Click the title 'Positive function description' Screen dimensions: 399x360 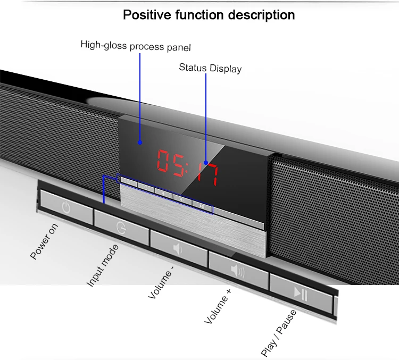(x=209, y=14)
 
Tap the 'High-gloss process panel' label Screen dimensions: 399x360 (x=135, y=46)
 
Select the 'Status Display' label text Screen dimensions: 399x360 (x=210, y=68)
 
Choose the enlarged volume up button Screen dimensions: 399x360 (x=238, y=269)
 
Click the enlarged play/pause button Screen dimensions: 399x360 (x=301, y=292)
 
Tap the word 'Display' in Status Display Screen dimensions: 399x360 (x=226, y=69)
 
